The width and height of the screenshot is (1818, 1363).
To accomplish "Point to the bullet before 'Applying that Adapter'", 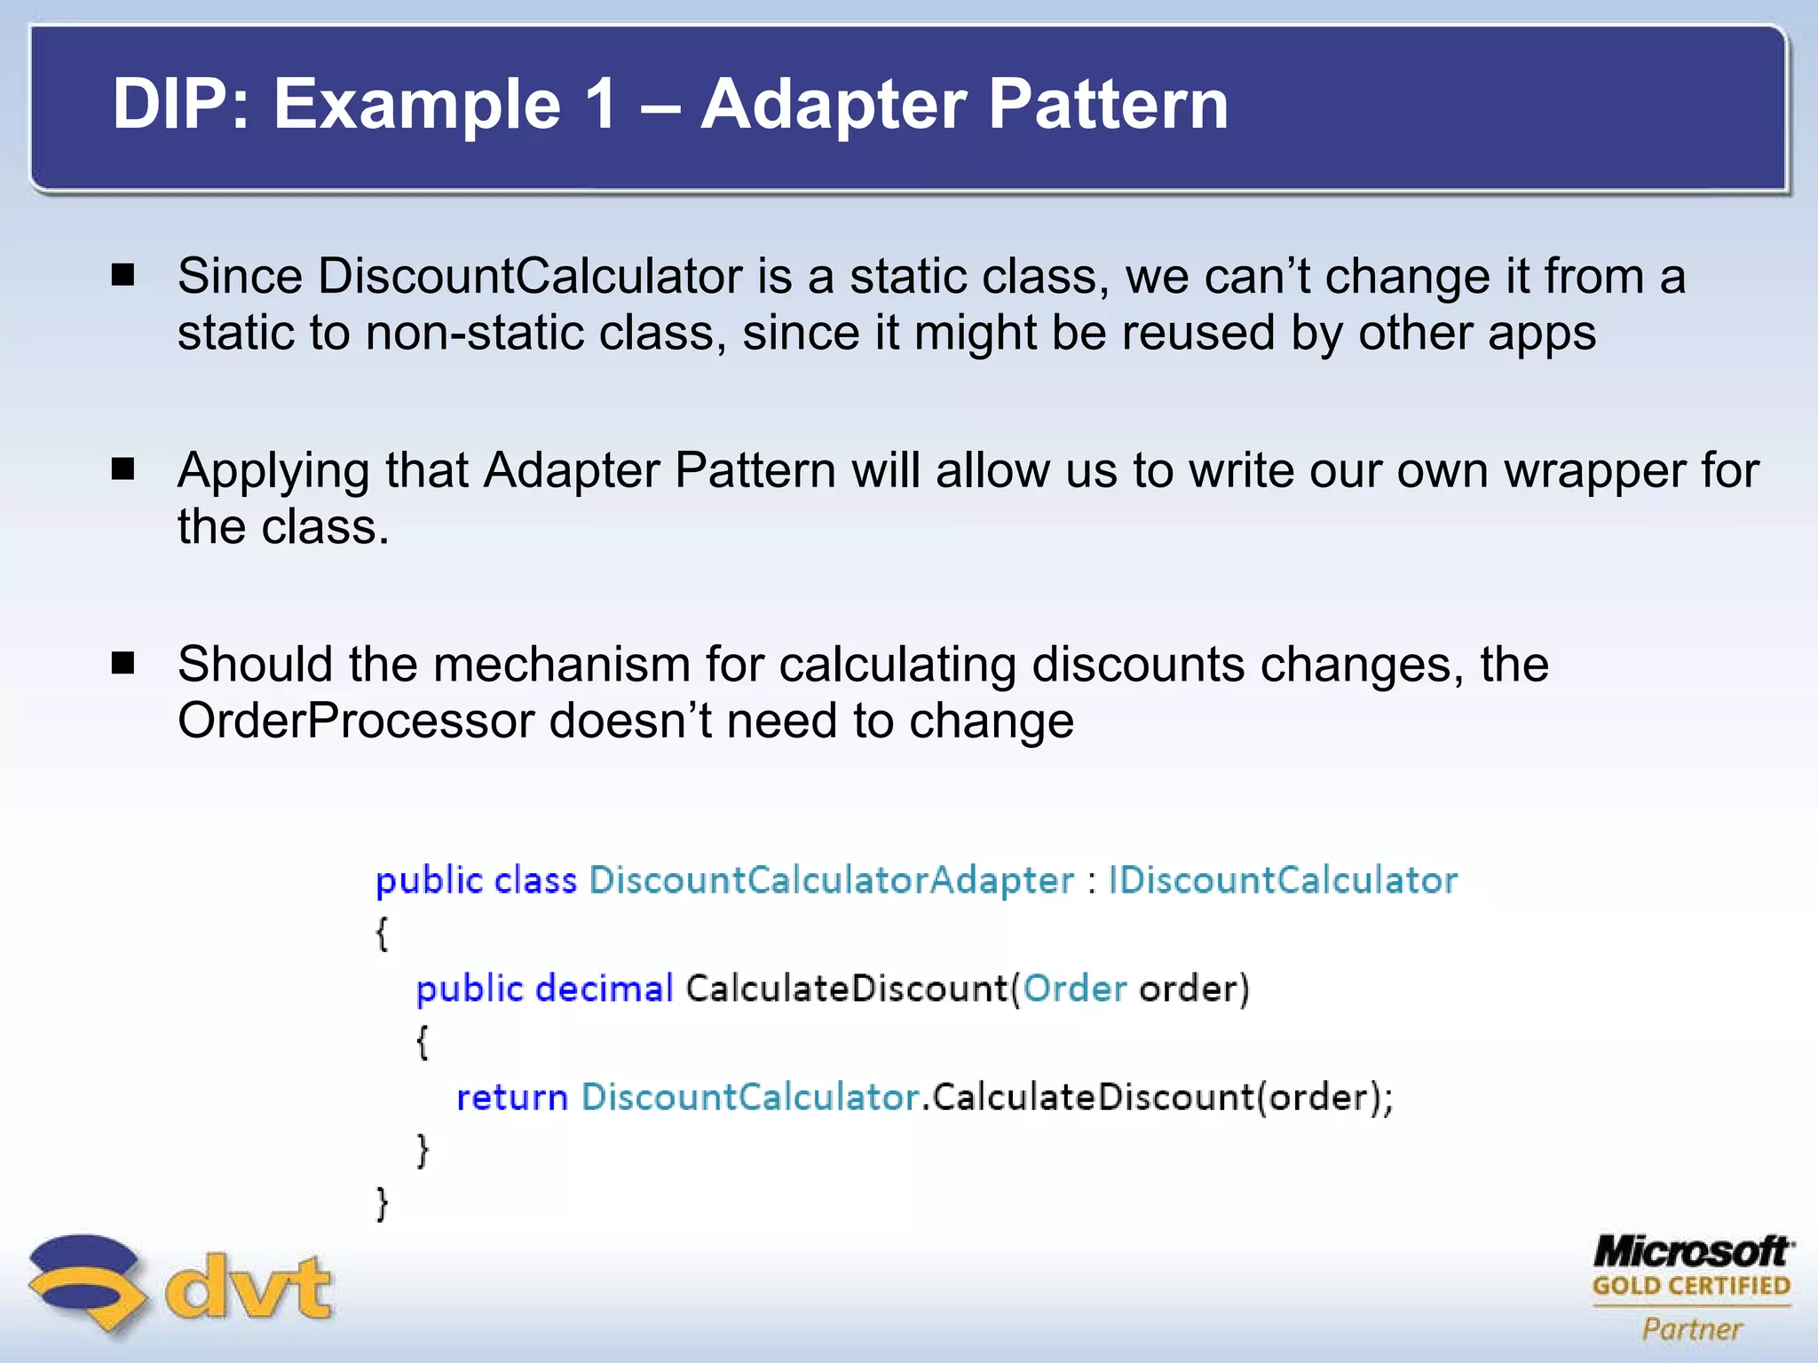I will [x=123, y=469].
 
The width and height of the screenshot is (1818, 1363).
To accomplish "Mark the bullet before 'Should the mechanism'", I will [x=123, y=663].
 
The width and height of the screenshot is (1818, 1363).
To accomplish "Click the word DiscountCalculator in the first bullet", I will [x=529, y=276].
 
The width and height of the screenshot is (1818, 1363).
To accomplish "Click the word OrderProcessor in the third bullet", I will [x=356, y=721].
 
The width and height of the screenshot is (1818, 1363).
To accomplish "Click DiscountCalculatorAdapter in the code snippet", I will [x=831, y=880].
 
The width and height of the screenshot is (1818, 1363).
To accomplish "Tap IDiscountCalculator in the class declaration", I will [x=1283, y=880].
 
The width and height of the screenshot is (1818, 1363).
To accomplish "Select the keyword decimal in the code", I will [x=605, y=989].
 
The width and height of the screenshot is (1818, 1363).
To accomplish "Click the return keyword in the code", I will [x=511, y=1098].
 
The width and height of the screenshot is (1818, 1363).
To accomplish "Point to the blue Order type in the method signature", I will [x=1074, y=989].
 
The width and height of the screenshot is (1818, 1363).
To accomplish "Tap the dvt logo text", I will [x=248, y=1287].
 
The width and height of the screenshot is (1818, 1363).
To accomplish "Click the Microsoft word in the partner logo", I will [x=1692, y=1252].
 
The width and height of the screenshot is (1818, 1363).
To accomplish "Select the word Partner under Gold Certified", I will [x=1692, y=1328].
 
